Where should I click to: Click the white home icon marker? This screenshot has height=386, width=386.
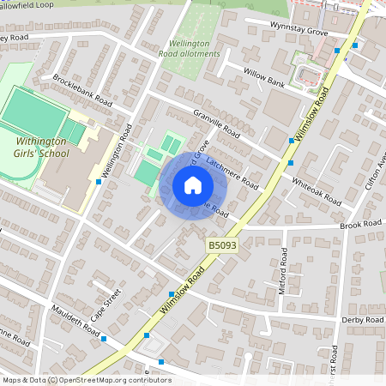coord(193,185)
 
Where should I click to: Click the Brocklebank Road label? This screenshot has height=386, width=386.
coord(82,88)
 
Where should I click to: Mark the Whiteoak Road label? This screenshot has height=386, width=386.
coord(317,191)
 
